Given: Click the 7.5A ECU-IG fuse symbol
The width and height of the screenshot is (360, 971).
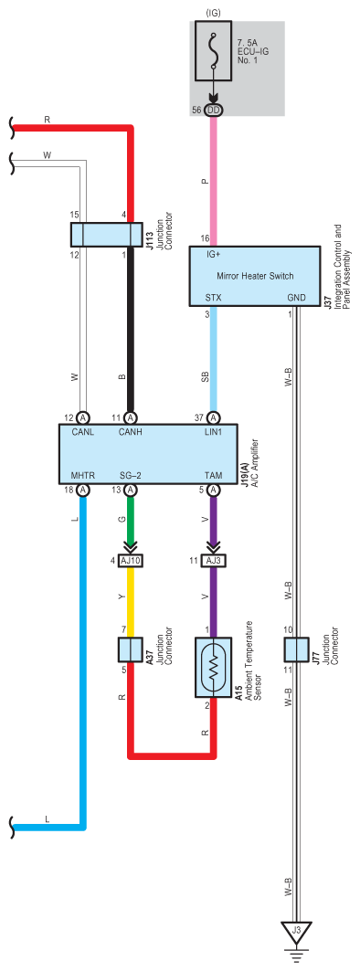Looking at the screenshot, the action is click(214, 51).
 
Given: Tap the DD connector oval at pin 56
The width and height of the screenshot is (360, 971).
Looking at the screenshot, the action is click(214, 110).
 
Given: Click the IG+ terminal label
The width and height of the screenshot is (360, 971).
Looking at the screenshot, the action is click(215, 255).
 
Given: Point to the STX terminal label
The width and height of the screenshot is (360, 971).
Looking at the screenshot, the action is click(214, 297).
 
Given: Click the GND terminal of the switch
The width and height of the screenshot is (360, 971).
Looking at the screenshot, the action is click(297, 297).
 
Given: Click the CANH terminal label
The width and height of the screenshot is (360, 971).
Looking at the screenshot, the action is click(132, 433).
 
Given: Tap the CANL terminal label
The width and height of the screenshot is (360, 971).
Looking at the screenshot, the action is click(82, 433).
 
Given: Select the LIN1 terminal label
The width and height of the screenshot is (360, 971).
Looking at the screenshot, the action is click(214, 433).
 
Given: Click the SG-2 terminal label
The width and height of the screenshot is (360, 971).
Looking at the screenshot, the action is click(131, 475).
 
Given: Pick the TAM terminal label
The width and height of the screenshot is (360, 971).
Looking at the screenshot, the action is click(214, 475).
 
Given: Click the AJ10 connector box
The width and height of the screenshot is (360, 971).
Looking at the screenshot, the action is click(132, 561).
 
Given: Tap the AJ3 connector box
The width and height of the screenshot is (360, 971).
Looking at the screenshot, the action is click(214, 561).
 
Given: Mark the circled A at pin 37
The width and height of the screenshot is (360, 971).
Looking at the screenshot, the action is click(214, 418).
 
